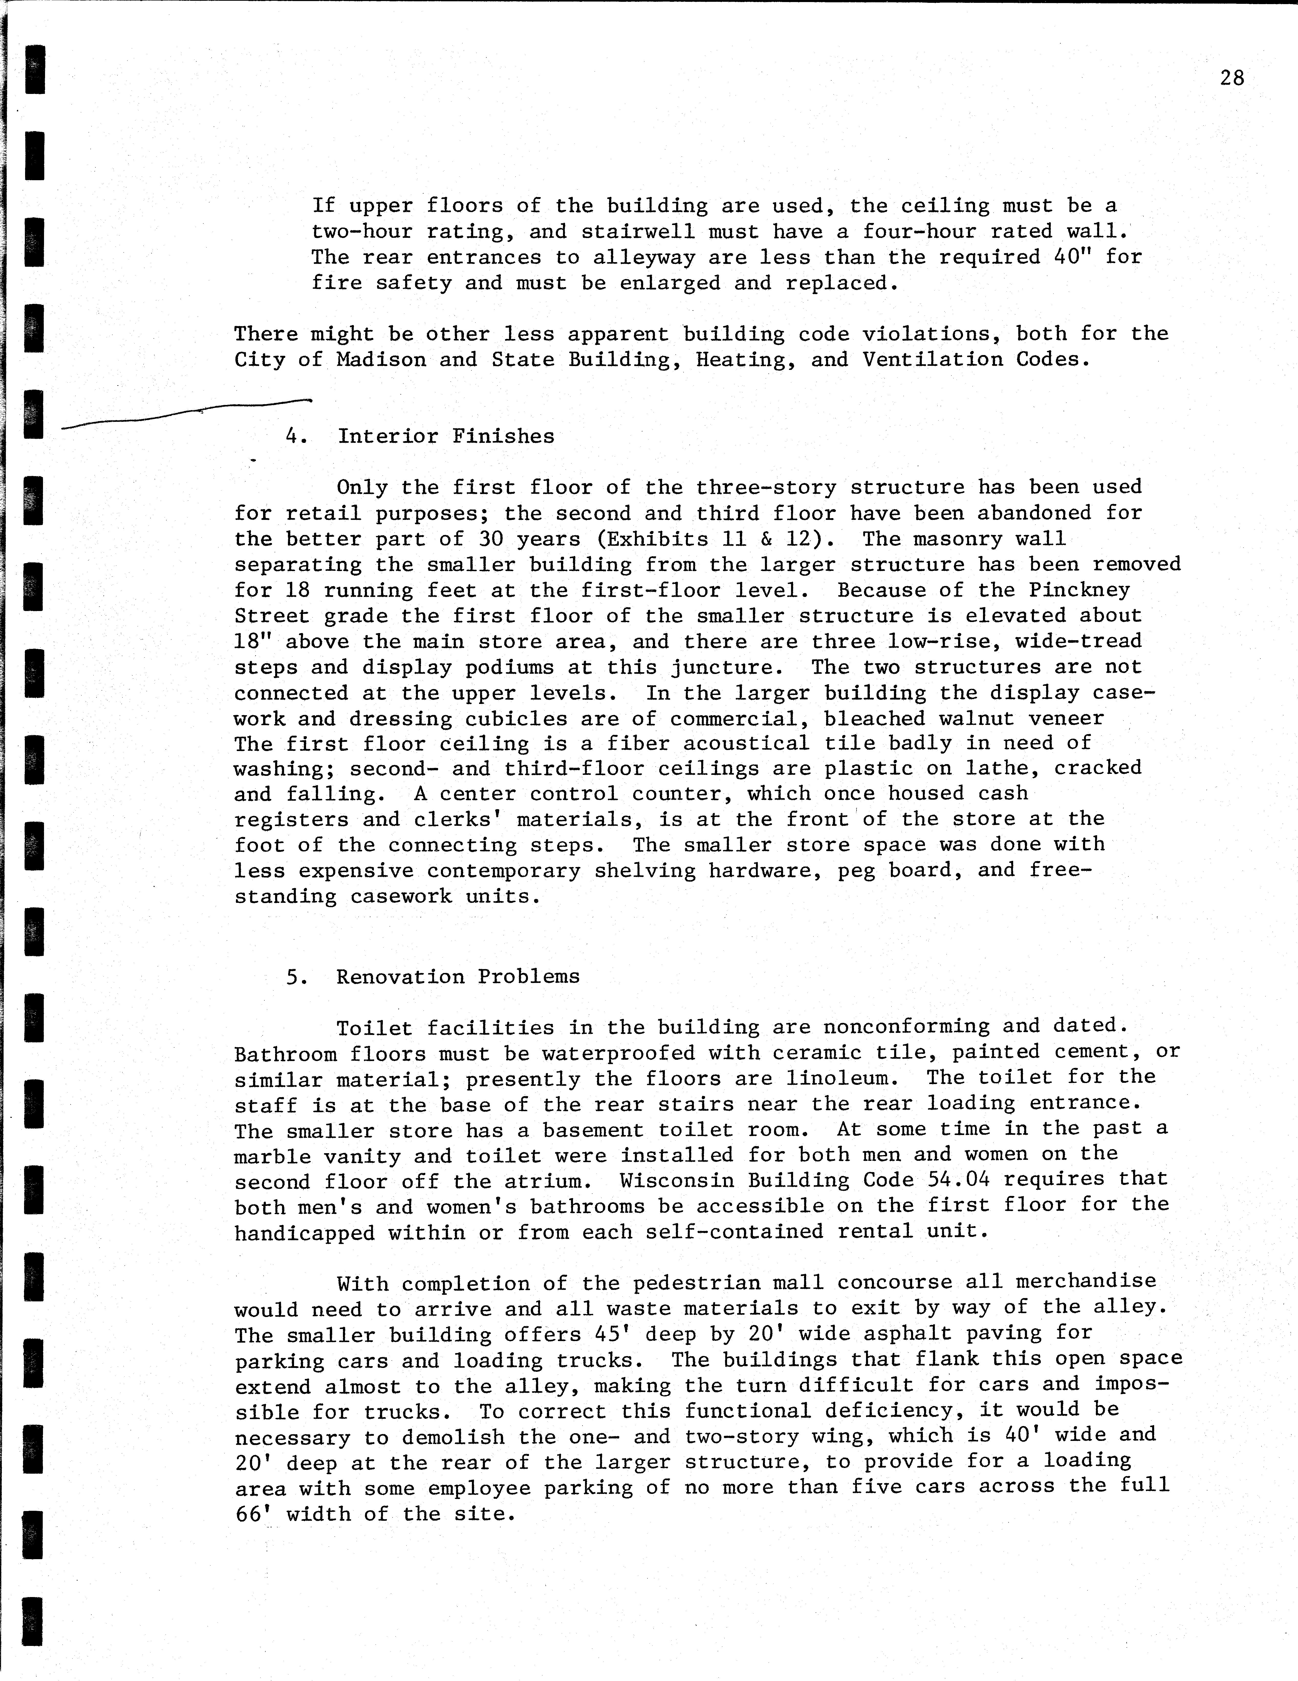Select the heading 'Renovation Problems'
[x=458, y=977]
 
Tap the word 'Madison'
[x=381, y=359]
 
